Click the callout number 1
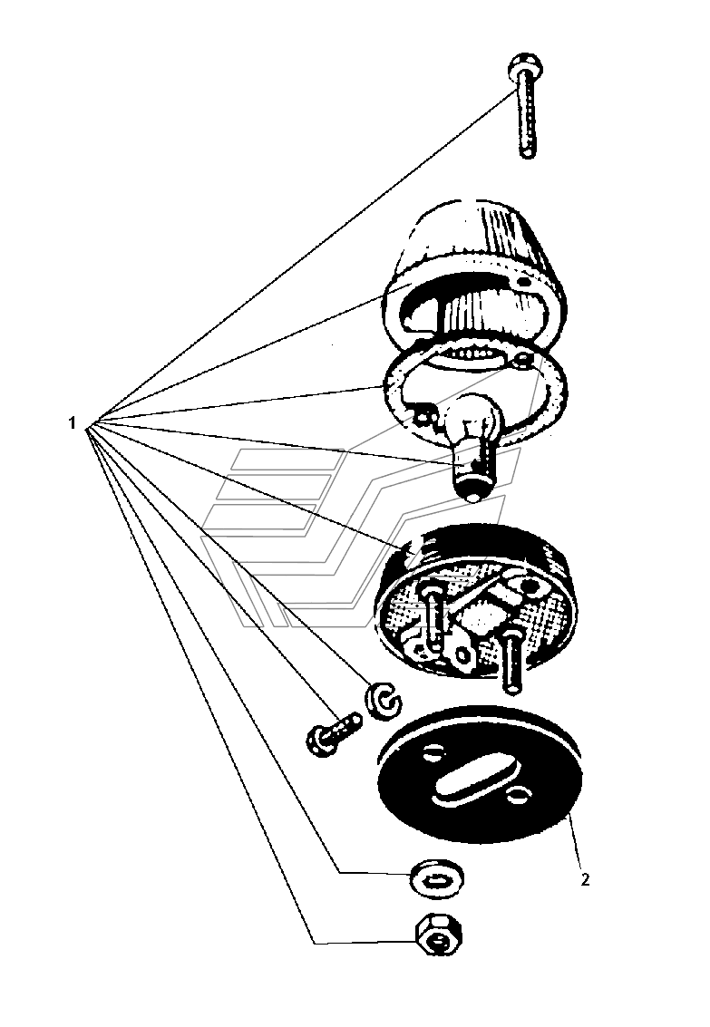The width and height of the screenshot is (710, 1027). (72, 423)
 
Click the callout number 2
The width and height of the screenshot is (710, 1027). (585, 879)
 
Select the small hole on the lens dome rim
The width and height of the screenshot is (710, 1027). (522, 281)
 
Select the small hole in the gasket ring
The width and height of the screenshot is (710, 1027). (522, 359)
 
